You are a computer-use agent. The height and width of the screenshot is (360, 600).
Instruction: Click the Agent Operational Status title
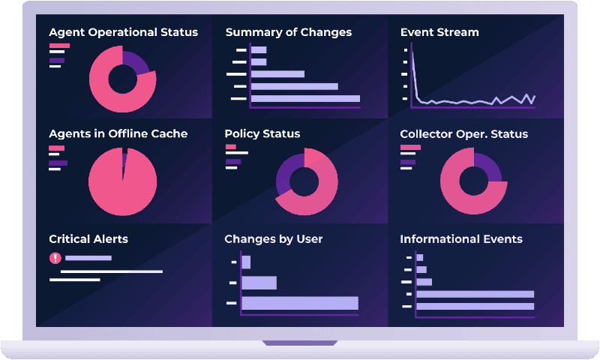[123, 32]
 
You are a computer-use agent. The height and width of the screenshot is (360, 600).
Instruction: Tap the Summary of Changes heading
[288, 32]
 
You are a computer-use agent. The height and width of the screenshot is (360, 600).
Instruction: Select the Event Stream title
[439, 32]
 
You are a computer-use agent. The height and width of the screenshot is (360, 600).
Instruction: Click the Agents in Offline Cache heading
[118, 133]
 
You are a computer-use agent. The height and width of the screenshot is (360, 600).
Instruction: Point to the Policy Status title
[262, 133]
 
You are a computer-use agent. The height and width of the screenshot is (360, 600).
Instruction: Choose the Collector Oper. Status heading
[463, 133]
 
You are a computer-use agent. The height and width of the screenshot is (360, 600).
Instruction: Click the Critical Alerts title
[88, 239]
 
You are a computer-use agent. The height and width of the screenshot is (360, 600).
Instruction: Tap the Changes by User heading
[273, 239]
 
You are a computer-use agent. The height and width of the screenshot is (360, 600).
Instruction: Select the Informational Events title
[461, 239]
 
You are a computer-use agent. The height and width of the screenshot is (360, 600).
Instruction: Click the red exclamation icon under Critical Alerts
[55, 258]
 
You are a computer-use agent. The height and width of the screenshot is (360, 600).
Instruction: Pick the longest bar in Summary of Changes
[305, 98]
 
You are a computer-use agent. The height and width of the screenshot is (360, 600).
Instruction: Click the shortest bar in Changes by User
[246, 262]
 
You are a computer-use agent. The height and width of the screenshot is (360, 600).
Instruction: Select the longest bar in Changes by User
[300, 303]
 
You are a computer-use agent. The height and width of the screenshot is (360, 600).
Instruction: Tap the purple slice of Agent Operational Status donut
[138, 60]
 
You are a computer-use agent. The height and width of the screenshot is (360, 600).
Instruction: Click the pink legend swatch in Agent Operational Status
[59, 46]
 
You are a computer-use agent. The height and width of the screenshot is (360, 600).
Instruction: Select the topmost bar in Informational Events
[419, 258]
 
